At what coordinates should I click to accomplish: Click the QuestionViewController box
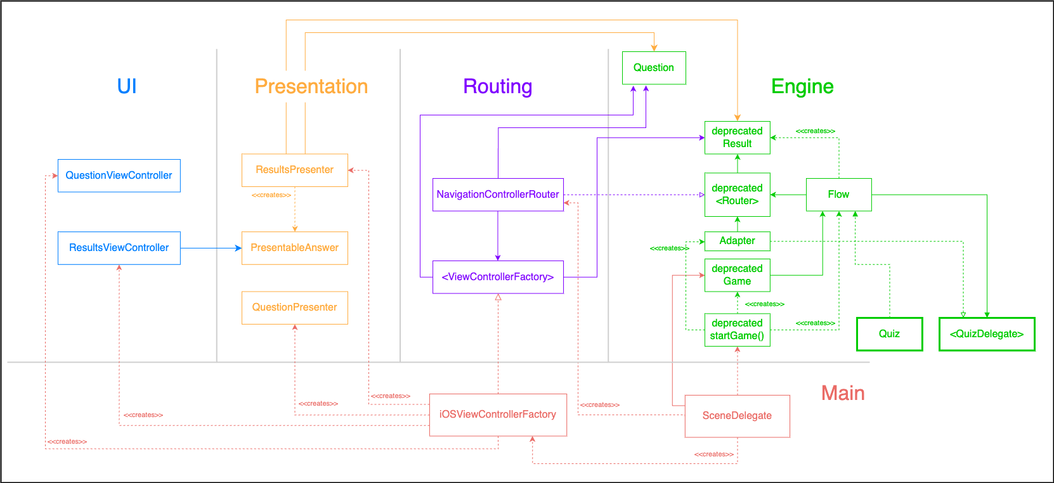[119, 176]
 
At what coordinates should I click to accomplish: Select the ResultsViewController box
[119, 248]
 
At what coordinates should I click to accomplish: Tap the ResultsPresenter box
[294, 170]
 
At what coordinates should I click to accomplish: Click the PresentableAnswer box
[294, 248]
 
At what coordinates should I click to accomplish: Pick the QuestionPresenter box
[294, 307]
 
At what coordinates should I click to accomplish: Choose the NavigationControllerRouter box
[497, 195]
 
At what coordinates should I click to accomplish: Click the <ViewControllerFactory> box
[497, 277]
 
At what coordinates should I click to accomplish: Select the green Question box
[653, 68]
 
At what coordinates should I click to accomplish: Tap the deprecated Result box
[737, 138]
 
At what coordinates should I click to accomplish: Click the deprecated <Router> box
[737, 195]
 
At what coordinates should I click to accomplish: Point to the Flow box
[838, 195]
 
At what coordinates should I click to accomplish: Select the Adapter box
[737, 241]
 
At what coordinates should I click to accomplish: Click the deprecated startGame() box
[737, 330]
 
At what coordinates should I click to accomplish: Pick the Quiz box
[888, 334]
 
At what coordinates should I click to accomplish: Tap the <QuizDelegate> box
[986, 334]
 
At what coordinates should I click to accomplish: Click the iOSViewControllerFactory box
[497, 415]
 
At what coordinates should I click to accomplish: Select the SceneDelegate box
[737, 416]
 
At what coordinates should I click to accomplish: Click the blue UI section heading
[127, 86]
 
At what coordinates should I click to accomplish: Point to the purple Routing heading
[497, 86]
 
